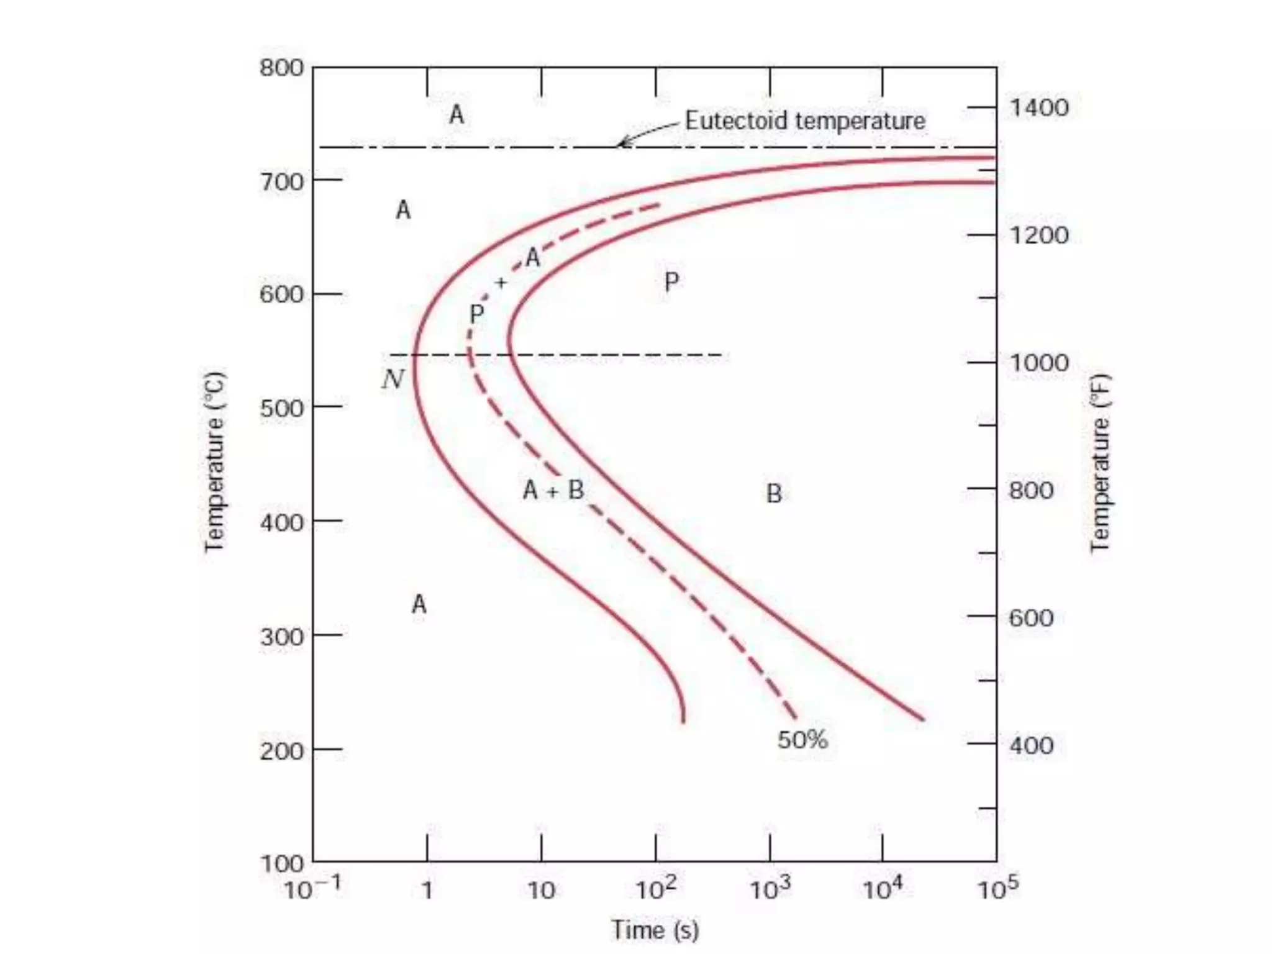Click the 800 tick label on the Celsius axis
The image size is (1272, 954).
(281, 68)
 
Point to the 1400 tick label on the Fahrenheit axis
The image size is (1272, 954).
(1039, 108)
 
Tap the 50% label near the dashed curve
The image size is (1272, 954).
(802, 740)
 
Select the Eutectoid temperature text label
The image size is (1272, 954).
(805, 120)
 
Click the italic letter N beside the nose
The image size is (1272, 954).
(393, 379)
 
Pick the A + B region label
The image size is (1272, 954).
(553, 491)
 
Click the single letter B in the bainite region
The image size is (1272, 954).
(774, 494)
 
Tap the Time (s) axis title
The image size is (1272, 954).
(655, 930)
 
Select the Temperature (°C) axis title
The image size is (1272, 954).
(214, 461)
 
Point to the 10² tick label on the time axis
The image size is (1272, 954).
(655, 889)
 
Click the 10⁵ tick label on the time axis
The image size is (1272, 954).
(997, 889)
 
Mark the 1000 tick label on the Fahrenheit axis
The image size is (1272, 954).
(1039, 363)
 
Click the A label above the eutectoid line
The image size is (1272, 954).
(457, 115)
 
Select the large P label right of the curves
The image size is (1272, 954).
(671, 283)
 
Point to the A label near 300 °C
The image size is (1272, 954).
(419, 604)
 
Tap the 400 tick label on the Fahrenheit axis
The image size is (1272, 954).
(1031, 745)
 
